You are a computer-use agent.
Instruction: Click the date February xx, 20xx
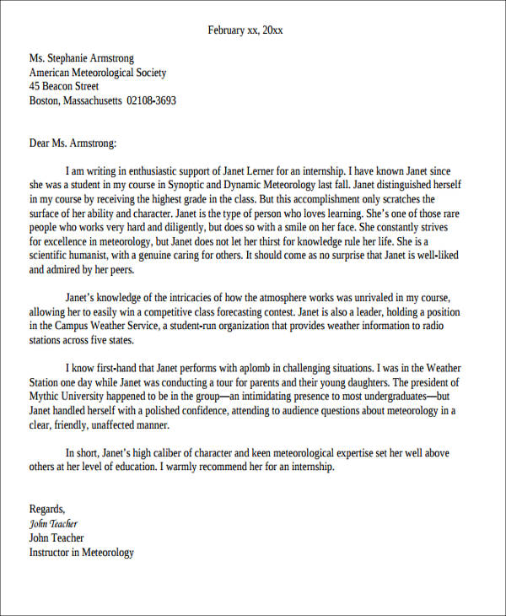(x=245, y=30)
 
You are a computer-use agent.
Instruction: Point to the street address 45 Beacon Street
(x=64, y=86)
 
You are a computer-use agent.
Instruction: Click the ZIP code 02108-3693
(x=152, y=100)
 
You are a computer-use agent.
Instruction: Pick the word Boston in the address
(x=43, y=100)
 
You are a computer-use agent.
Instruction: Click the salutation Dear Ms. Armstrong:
(x=73, y=143)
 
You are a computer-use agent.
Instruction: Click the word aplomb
(x=247, y=368)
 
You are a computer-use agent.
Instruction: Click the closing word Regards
(x=47, y=509)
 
